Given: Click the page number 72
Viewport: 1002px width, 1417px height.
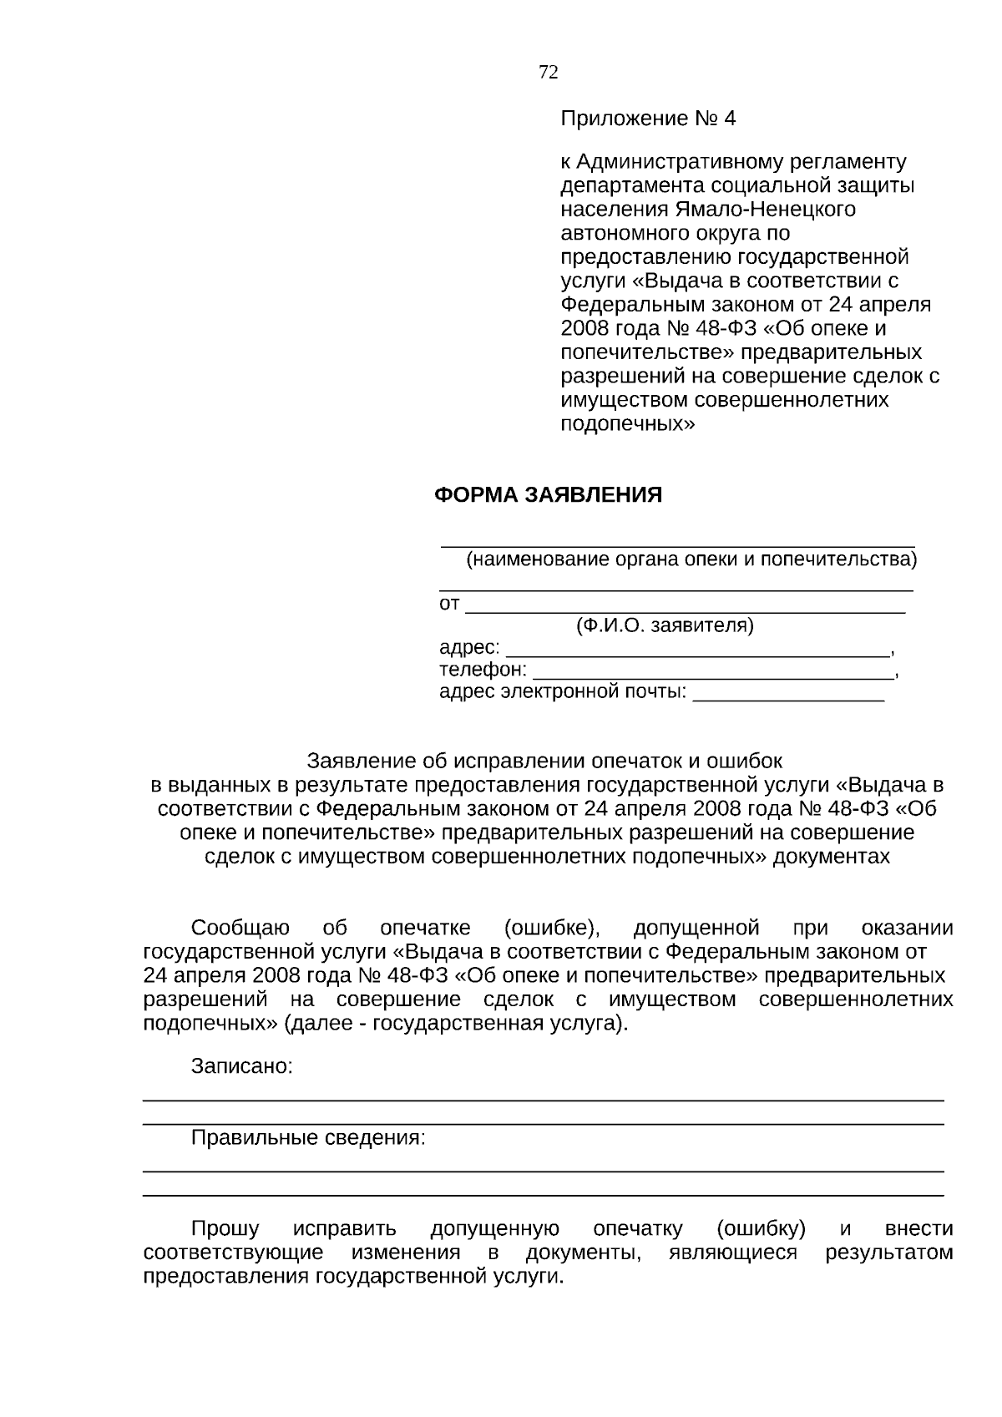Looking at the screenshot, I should (x=549, y=73).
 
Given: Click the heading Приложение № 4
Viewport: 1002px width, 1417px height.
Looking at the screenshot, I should (x=648, y=119).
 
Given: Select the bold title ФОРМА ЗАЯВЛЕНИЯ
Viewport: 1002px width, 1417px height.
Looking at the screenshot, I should (x=548, y=495).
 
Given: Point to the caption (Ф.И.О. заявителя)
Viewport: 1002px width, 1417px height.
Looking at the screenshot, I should (x=665, y=625).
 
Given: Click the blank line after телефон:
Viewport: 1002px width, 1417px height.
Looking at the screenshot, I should (x=712, y=671).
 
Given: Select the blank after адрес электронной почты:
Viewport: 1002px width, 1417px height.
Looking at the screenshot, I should (x=788, y=693).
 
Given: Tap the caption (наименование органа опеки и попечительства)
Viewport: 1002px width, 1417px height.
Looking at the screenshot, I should (x=691, y=559).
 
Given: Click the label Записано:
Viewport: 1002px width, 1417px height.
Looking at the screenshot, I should (x=242, y=1066).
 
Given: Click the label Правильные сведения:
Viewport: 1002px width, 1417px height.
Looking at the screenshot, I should (x=308, y=1138).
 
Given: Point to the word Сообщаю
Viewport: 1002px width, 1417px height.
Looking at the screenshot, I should (x=240, y=929).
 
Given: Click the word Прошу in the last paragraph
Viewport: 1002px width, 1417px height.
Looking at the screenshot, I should (x=225, y=1229).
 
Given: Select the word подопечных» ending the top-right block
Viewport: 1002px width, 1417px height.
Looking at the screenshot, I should (x=627, y=423).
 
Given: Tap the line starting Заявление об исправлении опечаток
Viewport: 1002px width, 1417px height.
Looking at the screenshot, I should (x=544, y=762).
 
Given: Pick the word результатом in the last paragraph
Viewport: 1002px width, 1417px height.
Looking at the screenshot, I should (x=888, y=1253).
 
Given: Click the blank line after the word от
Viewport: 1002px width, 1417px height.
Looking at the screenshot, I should (x=685, y=605).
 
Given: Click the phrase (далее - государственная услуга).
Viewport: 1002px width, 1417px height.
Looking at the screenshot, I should (x=456, y=1024).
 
